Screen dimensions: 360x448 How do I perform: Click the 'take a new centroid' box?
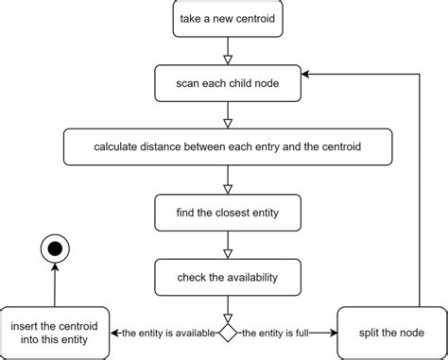pos(227,20)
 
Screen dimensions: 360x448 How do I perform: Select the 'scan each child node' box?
pos(227,83)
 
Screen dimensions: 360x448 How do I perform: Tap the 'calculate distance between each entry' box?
pos(227,146)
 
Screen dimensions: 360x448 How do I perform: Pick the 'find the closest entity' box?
pos(227,212)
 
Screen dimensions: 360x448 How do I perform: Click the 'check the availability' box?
pos(227,276)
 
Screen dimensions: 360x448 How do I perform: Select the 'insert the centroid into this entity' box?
pos(56,333)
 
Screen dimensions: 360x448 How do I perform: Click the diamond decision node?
pos(227,333)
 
